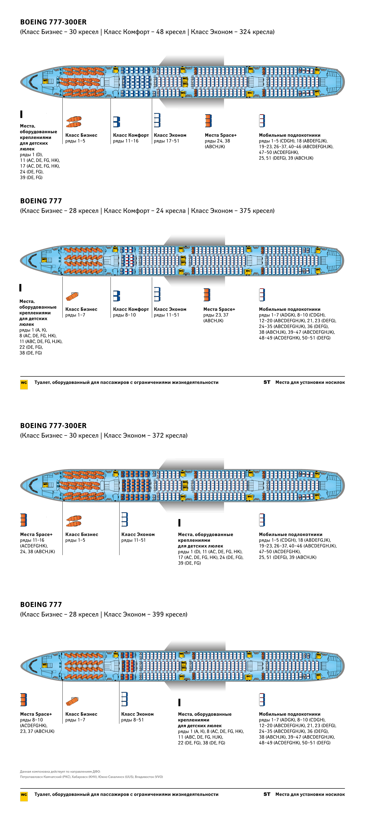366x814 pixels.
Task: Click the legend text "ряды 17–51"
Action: [166, 141]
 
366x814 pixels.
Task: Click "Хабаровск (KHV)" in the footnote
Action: [82, 777]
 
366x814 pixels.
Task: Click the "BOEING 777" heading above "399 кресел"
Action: [41, 605]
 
